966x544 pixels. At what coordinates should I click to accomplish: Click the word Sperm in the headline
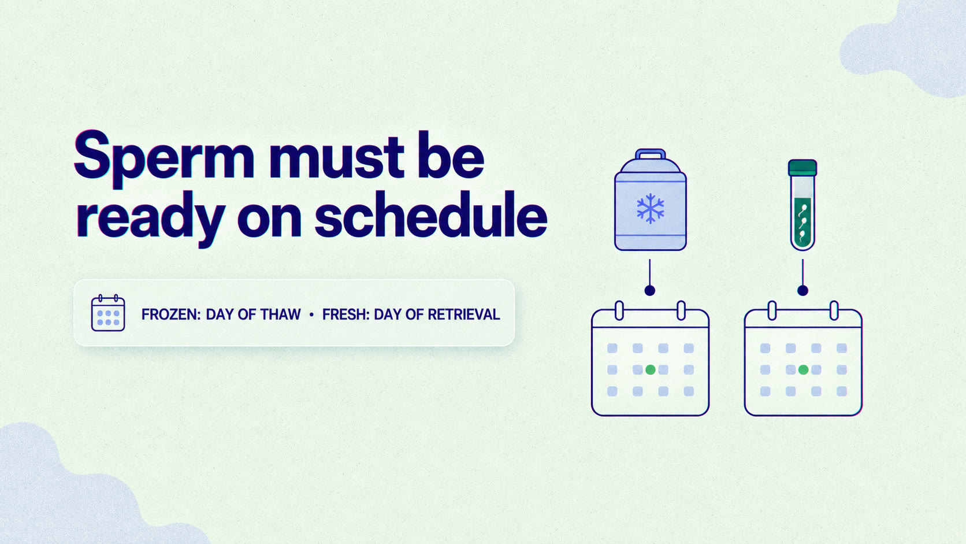click(164, 159)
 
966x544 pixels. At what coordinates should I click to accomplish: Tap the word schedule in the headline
click(431, 214)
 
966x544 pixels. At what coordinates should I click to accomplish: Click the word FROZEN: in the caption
click(171, 314)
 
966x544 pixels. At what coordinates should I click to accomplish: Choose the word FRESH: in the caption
click(346, 314)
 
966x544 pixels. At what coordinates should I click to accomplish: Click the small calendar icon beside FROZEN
click(108, 313)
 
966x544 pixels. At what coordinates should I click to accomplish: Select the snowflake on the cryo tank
click(651, 209)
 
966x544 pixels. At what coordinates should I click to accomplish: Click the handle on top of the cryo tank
click(651, 154)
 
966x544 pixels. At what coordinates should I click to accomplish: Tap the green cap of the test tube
click(802, 168)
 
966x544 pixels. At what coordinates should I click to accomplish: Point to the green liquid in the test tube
click(802, 223)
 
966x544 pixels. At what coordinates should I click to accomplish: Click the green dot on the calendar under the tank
click(651, 370)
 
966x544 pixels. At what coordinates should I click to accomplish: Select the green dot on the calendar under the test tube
click(803, 370)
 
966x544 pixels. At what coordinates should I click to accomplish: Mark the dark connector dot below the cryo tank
click(650, 291)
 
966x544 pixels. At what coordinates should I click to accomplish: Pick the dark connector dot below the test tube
click(802, 291)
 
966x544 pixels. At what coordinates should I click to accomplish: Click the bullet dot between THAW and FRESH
click(311, 315)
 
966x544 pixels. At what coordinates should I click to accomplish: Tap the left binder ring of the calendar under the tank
click(619, 310)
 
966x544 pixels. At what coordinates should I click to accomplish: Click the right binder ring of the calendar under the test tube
click(834, 310)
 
